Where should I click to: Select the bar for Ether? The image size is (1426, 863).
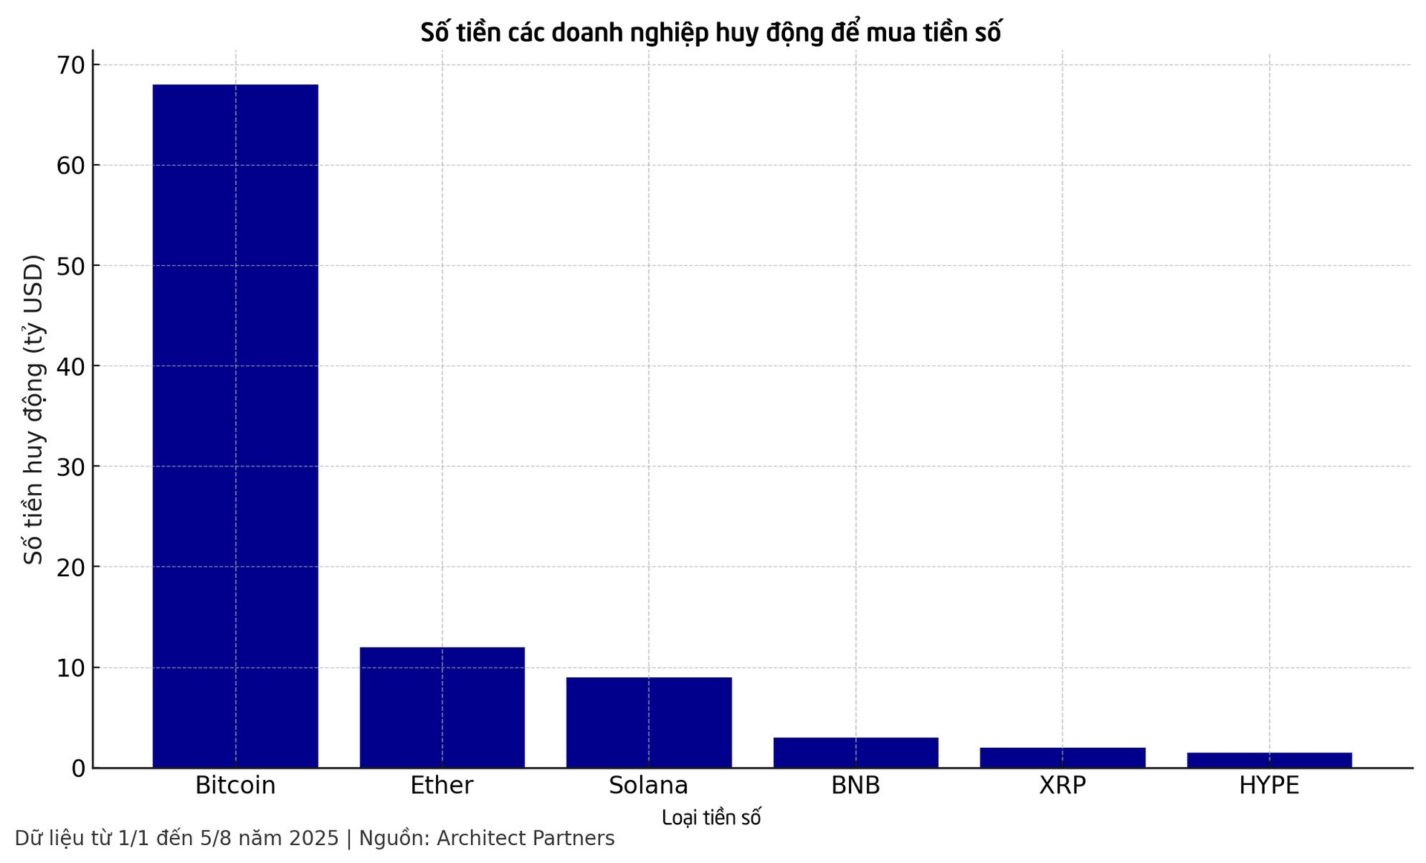[442, 707]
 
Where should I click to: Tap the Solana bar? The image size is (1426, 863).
[648, 722]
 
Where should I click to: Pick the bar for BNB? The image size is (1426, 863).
[856, 752]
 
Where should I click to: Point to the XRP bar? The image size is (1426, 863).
[1062, 758]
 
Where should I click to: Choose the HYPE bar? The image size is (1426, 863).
[1269, 761]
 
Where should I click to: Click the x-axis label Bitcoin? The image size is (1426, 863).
[235, 786]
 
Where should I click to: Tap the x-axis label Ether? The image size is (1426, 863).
[442, 786]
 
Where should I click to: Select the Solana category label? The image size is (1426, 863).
[648, 786]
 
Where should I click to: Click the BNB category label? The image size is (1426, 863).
[856, 786]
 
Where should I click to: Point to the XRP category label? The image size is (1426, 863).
[1062, 786]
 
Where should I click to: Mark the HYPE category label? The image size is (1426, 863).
[1269, 786]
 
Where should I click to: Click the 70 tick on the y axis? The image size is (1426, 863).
[71, 65]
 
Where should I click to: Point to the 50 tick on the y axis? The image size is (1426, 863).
[71, 266]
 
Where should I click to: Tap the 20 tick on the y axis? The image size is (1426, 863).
[71, 567]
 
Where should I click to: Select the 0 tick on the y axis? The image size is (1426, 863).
[78, 769]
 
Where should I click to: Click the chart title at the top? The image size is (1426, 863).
[711, 33]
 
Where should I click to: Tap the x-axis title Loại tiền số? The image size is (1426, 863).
[711, 818]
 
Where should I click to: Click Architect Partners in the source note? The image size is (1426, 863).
[525, 838]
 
